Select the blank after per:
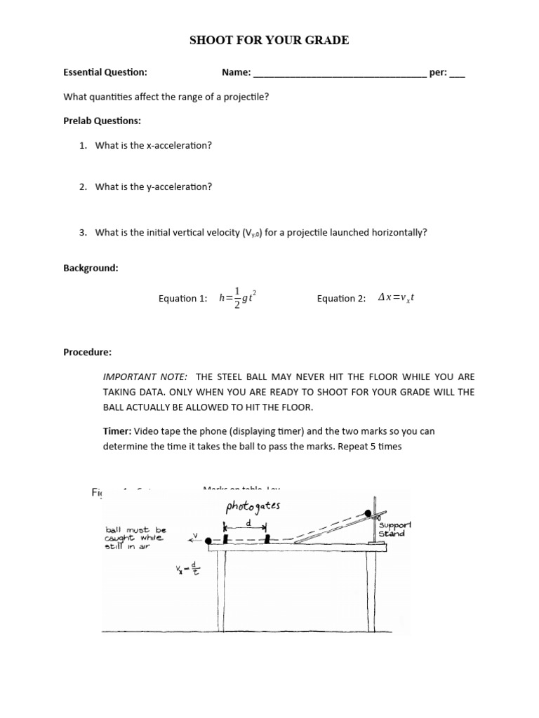(x=456, y=74)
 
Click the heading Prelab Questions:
(x=102, y=121)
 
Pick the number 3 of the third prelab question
(x=82, y=232)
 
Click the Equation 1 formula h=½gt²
(x=233, y=298)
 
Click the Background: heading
(x=91, y=269)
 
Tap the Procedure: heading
(x=88, y=352)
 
